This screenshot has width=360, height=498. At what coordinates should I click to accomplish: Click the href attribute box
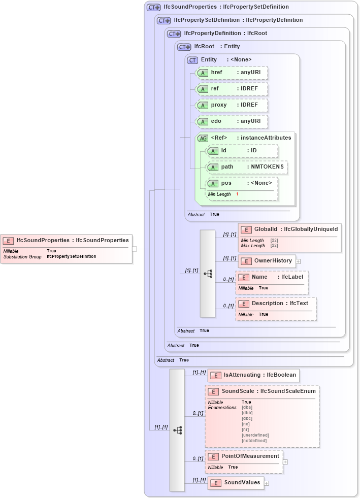[x=232, y=73]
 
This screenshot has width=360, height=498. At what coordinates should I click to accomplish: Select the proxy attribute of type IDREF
[x=232, y=105]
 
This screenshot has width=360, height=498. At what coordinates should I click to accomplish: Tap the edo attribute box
[x=232, y=121]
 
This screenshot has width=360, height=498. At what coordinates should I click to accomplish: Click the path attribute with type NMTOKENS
[x=247, y=167]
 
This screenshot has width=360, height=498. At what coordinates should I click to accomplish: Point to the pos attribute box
[x=242, y=183]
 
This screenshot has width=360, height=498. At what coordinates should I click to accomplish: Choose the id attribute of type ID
[x=242, y=151]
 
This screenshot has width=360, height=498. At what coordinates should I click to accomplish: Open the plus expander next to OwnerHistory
[x=298, y=261]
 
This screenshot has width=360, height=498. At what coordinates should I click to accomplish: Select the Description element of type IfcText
[x=275, y=304]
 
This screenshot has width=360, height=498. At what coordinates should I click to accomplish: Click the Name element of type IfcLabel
[x=272, y=277]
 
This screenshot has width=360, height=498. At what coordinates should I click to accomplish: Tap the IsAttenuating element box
[x=253, y=375]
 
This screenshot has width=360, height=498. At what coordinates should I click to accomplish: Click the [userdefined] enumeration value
[x=255, y=435]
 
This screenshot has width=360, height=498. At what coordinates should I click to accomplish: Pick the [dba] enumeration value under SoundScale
[x=247, y=407]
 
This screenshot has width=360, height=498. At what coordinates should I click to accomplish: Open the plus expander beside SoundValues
[x=267, y=483]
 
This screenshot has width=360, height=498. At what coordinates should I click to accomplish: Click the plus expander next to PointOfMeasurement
[x=285, y=462]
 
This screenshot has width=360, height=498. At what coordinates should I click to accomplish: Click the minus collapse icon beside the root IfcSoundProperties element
[x=135, y=249]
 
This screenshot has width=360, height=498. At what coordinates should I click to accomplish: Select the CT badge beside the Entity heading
[x=192, y=60]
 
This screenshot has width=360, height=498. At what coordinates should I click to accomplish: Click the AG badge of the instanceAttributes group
[x=203, y=138]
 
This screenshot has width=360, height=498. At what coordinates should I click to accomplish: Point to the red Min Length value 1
[x=237, y=194]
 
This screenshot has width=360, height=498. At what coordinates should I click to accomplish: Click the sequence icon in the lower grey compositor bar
[x=177, y=429]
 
